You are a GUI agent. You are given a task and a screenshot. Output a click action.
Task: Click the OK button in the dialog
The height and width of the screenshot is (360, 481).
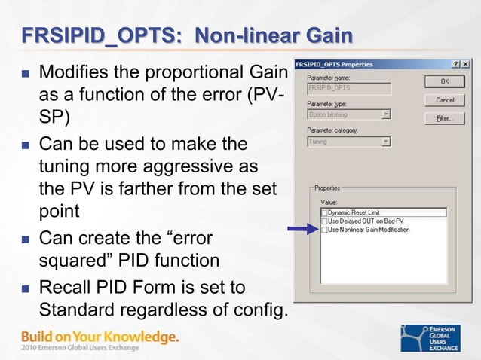point(444,81)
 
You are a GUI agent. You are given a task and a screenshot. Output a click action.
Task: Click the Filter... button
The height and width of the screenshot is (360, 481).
point(444,118)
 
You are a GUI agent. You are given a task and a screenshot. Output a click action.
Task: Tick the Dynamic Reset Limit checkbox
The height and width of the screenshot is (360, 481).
point(324,213)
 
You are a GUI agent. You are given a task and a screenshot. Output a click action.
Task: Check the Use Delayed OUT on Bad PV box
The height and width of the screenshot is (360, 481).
point(324,221)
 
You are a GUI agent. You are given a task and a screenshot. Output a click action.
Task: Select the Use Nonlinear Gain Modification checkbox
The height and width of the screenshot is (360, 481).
point(324,230)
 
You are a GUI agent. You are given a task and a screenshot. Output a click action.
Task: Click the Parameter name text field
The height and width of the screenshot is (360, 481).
point(348,87)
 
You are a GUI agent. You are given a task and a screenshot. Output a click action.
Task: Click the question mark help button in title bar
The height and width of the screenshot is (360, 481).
point(456,64)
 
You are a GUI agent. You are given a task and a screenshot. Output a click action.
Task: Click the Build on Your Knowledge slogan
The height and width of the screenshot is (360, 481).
point(100,337)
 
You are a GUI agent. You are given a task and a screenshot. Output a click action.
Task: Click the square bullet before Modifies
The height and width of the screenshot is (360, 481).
point(26,76)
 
